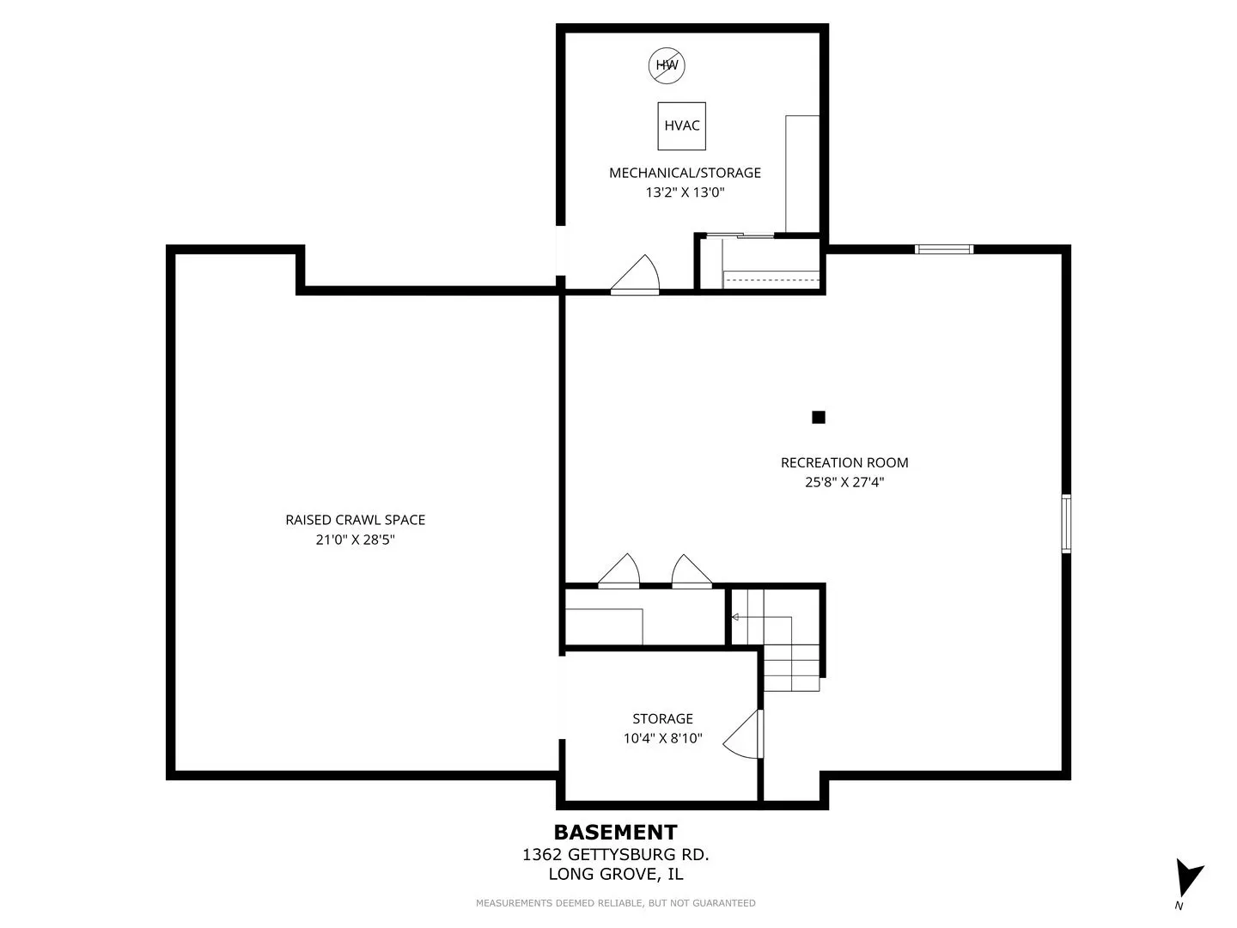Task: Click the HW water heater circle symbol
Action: [667, 65]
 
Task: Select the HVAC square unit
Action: [682, 126]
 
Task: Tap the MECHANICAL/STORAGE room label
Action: [685, 173]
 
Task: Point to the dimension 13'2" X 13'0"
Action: [685, 192]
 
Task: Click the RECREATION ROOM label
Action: [844, 462]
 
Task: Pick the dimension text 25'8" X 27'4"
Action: [844, 482]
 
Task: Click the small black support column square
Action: [819, 417]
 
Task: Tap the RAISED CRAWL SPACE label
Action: [355, 520]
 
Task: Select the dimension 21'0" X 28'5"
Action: [355, 540]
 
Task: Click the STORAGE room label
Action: [662, 719]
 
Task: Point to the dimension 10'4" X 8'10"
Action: [662, 738]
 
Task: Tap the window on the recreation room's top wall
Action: [944, 249]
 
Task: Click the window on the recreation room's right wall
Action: [1066, 523]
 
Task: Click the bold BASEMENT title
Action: [615, 833]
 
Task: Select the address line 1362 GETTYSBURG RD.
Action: [615, 855]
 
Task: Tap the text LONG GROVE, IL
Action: [615, 875]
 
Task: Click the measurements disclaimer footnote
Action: [615, 903]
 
